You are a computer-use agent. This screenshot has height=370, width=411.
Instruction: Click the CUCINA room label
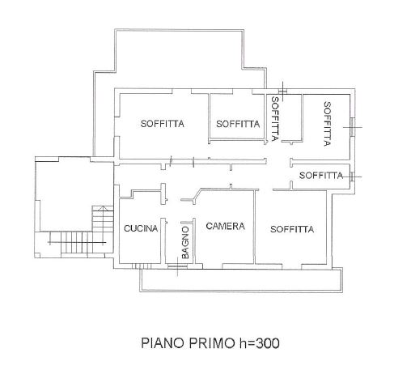pyautogui.click(x=141, y=228)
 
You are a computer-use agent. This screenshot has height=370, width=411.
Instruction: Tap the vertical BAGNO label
pyautogui.click(x=185, y=243)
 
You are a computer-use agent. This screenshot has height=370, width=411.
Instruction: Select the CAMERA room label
pyautogui.click(x=225, y=226)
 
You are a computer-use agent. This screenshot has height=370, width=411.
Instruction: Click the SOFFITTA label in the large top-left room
pyautogui.click(x=163, y=124)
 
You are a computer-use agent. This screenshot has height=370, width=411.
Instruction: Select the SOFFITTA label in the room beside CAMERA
pyautogui.click(x=292, y=229)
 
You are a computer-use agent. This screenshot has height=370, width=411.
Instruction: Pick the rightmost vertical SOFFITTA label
pyautogui.click(x=327, y=124)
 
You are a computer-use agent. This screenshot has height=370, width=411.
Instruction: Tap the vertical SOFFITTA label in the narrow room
pyautogui.click(x=275, y=119)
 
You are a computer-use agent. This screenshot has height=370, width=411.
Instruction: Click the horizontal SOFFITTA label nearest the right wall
pyautogui.click(x=321, y=176)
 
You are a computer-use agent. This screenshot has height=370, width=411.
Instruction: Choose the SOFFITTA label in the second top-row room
pyautogui.click(x=238, y=124)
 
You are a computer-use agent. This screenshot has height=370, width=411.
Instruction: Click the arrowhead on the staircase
pyautogui.click(x=102, y=208)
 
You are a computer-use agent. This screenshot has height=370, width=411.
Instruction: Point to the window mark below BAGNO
pyautogui.click(x=177, y=266)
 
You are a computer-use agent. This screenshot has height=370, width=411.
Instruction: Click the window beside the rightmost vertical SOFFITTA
pyautogui.click(x=353, y=127)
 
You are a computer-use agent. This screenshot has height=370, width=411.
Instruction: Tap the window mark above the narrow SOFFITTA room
pyautogui.click(x=282, y=91)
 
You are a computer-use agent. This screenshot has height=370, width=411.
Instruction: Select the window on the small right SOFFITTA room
pyautogui.click(x=352, y=176)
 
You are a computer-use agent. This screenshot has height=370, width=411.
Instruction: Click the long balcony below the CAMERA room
pyautogui.click(x=241, y=280)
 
